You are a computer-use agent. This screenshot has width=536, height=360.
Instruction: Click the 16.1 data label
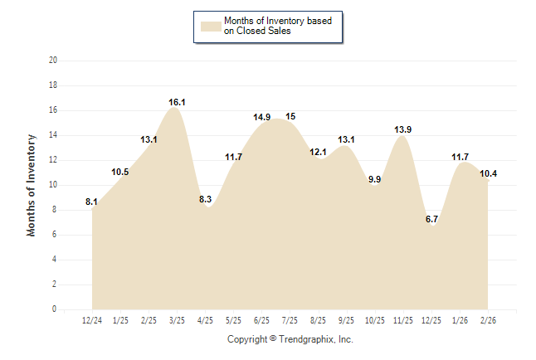[x=177, y=103]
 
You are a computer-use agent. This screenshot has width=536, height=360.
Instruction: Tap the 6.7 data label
[x=431, y=219]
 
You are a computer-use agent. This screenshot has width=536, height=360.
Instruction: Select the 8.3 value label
[x=205, y=199]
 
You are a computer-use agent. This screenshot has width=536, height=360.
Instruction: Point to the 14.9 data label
[x=262, y=117]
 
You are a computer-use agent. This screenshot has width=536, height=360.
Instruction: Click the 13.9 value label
[x=403, y=129]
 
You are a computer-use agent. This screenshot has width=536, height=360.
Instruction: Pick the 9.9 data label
[x=375, y=179]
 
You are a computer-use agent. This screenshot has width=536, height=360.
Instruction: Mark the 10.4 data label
[x=488, y=173]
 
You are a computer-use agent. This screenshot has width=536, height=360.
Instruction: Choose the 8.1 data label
[x=92, y=202]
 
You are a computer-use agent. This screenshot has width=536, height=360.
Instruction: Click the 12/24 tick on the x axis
[x=92, y=320]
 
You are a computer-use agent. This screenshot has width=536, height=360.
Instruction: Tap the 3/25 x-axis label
[x=177, y=320]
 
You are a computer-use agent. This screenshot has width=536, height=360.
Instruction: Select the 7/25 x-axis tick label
[x=290, y=320]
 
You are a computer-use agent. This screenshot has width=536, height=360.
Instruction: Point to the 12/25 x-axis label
[x=431, y=320]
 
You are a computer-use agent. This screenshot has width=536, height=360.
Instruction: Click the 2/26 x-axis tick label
[x=488, y=320]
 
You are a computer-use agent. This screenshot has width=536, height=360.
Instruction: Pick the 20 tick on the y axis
[x=53, y=61]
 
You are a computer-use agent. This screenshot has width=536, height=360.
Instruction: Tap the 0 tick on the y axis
[x=55, y=309]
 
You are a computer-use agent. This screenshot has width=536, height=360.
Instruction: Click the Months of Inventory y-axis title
[x=32, y=185]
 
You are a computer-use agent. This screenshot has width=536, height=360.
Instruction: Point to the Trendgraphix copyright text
[x=290, y=339]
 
